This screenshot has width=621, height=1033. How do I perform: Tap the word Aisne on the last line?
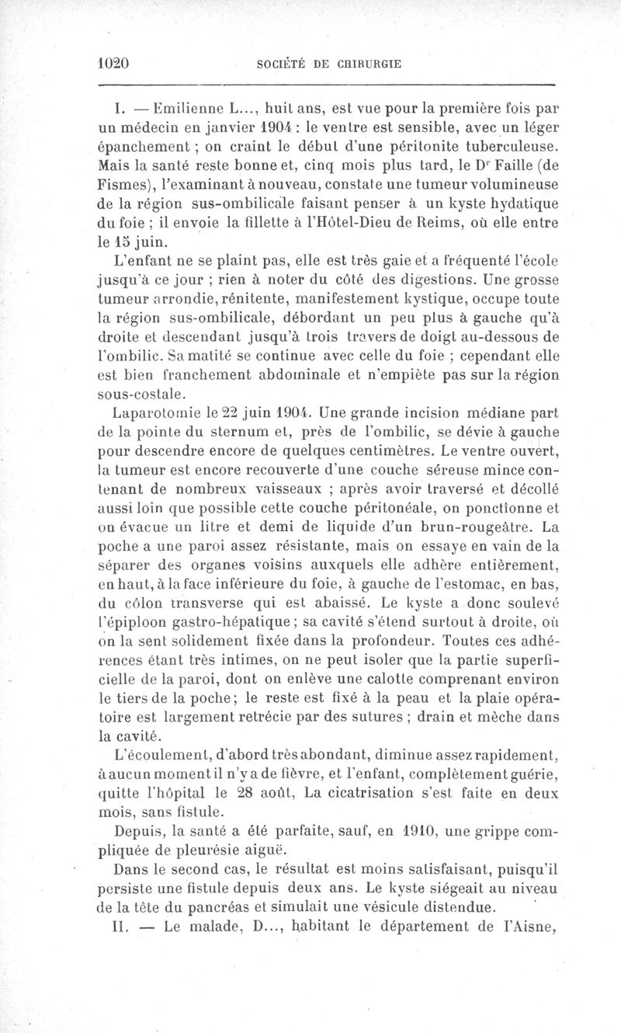tap(534, 927)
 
